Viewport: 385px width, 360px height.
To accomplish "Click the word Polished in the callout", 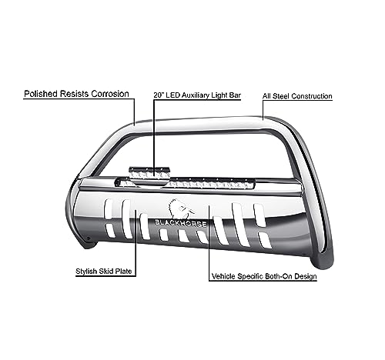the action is [x=41, y=94].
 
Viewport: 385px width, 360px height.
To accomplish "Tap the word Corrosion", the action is [x=110, y=94].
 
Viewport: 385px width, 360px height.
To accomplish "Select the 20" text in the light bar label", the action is [x=159, y=95].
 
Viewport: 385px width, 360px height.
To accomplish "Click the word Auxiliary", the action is [x=196, y=95].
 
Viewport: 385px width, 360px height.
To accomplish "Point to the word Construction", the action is [x=312, y=96].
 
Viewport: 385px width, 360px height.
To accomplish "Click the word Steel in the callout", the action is [x=281, y=96].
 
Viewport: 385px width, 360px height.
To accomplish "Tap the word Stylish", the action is [x=86, y=272].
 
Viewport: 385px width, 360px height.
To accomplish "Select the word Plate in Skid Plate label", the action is [x=123, y=272].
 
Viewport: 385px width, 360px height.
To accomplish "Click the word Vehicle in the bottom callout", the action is [x=223, y=276].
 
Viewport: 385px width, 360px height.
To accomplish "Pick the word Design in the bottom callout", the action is [x=306, y=276].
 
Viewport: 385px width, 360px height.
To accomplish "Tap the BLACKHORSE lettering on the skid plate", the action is [x=180, y=223].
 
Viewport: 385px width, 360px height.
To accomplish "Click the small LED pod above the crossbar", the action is [x=149, y=172].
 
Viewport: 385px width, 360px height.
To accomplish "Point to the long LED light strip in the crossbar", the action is [x=209, y=184].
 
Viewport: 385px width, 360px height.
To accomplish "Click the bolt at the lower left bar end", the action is [x=89, y=238].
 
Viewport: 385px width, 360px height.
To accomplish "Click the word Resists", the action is [x=75, y=94].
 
